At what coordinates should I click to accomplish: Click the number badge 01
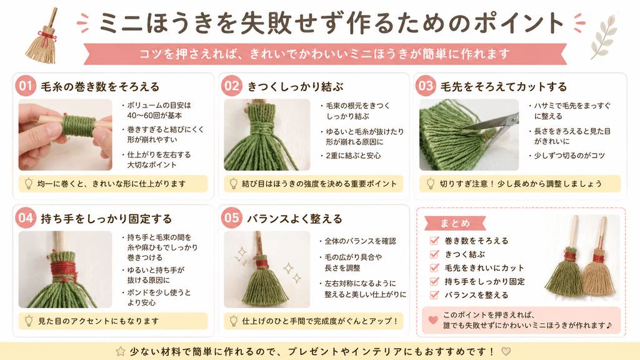pos(25,86)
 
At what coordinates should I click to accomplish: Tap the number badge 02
pos(231,86)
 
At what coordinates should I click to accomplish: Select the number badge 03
pos(425,86)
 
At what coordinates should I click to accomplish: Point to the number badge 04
pos(25,217)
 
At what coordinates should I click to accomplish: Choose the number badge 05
pos(231,217)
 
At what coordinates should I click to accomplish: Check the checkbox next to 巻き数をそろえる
pos(435,241)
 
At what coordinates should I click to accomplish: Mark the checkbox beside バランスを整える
pos(435,295)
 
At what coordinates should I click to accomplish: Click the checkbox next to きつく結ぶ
pos(435,254)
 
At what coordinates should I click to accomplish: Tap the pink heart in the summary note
pos(434,320)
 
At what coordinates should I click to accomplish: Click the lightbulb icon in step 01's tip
pos(29,184)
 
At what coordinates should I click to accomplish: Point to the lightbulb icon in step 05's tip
pos(234,321)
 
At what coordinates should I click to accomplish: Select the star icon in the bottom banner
pos(121,351)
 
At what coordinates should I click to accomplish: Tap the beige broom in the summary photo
pos(598,265)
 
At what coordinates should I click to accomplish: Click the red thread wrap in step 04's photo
pos(64,270)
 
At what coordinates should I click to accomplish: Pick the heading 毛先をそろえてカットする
pos(504,86)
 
